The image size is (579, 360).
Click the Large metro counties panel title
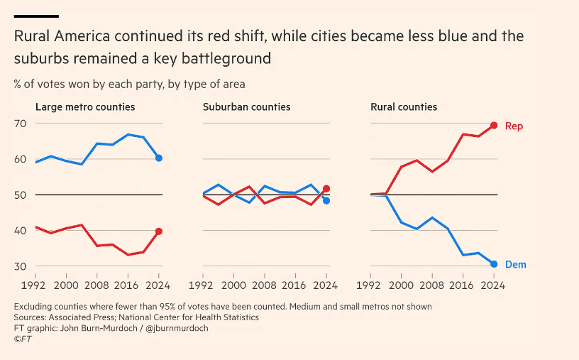85,107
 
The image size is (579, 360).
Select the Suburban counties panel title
246,107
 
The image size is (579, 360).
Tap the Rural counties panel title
404,107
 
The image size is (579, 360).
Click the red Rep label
514,126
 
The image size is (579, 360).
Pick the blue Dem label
515,264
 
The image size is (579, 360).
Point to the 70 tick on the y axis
20,124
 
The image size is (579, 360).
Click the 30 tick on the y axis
20,266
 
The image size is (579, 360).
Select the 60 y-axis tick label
20,159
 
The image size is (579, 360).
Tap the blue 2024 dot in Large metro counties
159,158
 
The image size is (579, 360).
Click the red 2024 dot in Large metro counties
159,231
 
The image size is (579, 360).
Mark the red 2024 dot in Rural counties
494,126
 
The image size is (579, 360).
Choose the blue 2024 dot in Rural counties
494,264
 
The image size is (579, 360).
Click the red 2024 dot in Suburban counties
326,189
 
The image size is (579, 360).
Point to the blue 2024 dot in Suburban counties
326,201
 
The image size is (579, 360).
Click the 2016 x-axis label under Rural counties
463,285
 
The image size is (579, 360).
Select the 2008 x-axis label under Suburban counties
265,285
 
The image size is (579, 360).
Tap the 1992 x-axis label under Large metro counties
36,285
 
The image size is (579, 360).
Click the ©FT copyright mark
23,339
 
